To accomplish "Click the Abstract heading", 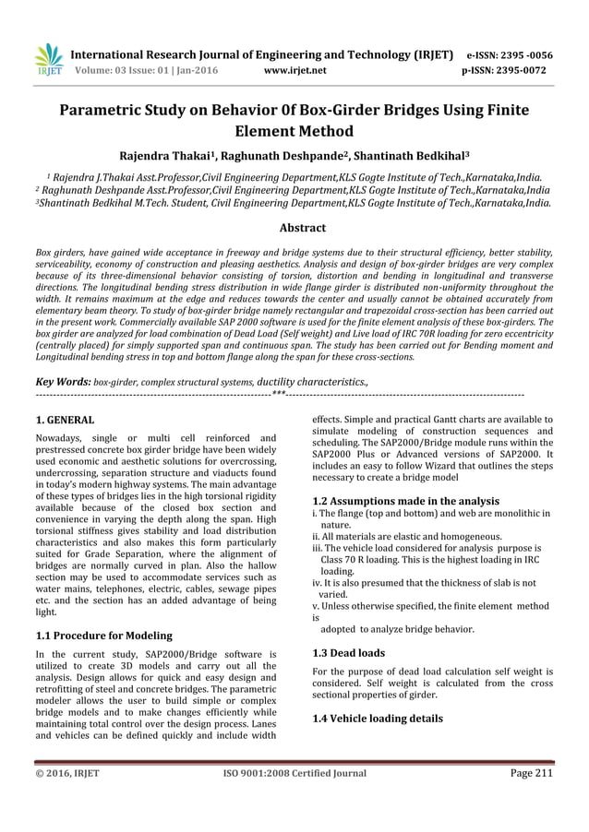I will (x=294, y=227).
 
